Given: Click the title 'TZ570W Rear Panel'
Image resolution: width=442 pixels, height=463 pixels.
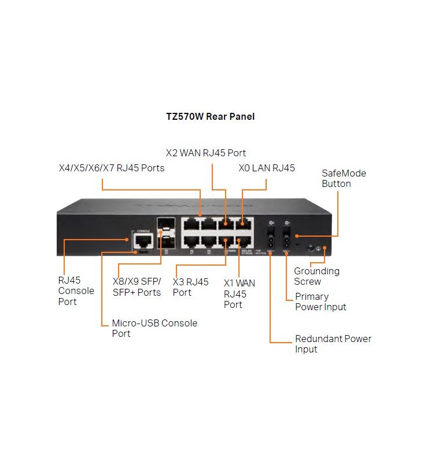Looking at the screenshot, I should coord(210,116).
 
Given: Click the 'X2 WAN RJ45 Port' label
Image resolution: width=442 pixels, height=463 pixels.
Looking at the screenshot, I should coord(206,153).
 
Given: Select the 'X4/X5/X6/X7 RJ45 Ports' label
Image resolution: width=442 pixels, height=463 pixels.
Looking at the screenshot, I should coord(112,168).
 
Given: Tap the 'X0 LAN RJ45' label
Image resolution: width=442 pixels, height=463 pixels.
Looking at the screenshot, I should coord(267,168).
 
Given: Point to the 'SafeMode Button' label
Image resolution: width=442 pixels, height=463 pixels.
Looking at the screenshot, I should coord(344,178).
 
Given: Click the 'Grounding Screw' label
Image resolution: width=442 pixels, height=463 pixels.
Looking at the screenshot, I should coord(316,276).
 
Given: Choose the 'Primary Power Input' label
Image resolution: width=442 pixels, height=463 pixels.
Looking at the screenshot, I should coord(321,302).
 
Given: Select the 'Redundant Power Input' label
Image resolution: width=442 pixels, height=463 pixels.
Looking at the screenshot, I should coord(333,344).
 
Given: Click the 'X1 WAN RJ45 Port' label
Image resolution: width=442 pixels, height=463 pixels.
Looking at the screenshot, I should coord(239,293).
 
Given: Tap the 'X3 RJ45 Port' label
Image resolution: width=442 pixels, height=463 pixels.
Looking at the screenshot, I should coord(190,287).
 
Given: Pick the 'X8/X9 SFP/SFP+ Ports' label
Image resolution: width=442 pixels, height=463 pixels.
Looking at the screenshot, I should coord(137,287).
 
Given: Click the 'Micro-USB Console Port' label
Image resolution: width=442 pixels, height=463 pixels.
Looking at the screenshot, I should coord(154,328).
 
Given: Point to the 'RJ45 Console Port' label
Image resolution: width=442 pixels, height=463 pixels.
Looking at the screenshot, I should coord(76,291).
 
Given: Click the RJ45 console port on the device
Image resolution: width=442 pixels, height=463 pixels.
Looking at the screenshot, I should coord(142,241).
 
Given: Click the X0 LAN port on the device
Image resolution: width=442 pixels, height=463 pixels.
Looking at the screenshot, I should coord(244,224).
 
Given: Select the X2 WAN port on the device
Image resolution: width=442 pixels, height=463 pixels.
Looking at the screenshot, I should coord(226,224).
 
